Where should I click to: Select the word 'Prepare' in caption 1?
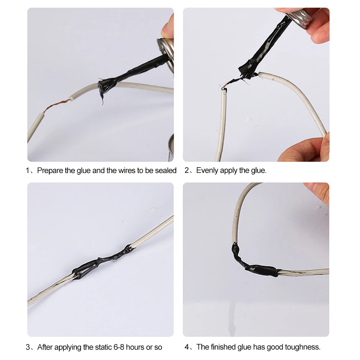click(x=50, y=170)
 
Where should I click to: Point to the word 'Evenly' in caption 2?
click(x=207, y=170)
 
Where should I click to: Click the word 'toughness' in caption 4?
click(x=302, y=347)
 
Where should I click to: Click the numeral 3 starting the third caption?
click(x=28, y=347)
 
